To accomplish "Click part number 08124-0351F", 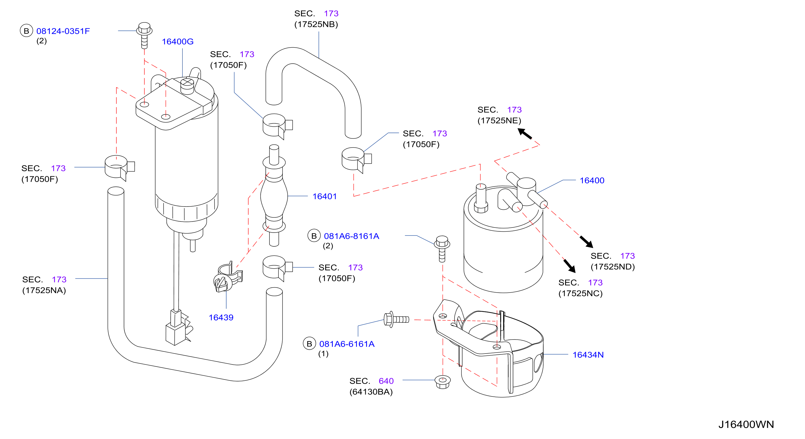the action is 63,31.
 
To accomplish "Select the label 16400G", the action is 177,41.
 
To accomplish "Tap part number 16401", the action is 324,196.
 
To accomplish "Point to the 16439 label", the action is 221,317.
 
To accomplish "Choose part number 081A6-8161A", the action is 351,236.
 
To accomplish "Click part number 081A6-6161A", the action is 347,344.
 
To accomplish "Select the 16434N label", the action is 588,355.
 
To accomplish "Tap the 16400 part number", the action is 592,180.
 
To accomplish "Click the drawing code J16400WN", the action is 746,425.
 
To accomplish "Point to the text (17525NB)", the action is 316,24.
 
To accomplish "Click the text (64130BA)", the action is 371,392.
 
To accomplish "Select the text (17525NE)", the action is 499,120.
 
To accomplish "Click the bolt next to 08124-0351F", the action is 144,35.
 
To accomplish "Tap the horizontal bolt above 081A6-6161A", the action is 396,319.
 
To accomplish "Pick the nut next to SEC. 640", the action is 442,382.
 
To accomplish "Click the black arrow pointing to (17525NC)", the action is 569,266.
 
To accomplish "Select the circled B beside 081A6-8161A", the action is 314,236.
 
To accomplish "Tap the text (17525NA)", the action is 44,290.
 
